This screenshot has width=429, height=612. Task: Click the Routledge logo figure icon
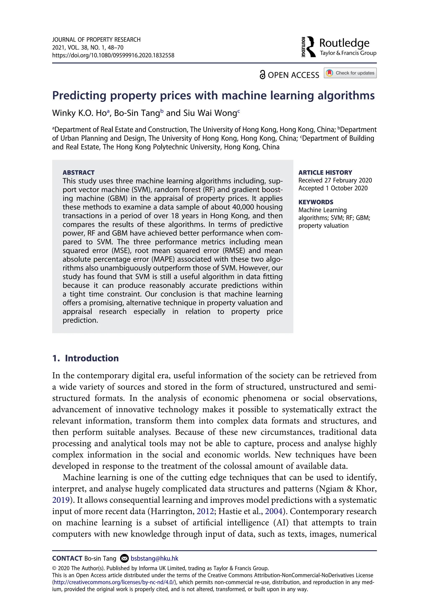(309, 47)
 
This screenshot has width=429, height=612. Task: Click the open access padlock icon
(262, 75)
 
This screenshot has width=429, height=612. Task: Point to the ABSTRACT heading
(78, 172)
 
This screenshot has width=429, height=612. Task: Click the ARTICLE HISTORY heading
(325, 172)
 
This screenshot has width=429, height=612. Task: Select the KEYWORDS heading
(316, 202)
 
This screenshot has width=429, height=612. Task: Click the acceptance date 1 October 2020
(346, 188)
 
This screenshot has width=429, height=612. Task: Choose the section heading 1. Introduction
(85, 358)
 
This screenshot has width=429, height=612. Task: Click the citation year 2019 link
(61, 500)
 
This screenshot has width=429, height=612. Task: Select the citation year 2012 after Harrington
(205, 511)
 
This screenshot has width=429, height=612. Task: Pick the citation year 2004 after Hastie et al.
(273, 511)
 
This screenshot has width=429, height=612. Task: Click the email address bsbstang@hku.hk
(154, 558)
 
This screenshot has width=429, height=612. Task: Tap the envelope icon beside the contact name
(124, 558)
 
